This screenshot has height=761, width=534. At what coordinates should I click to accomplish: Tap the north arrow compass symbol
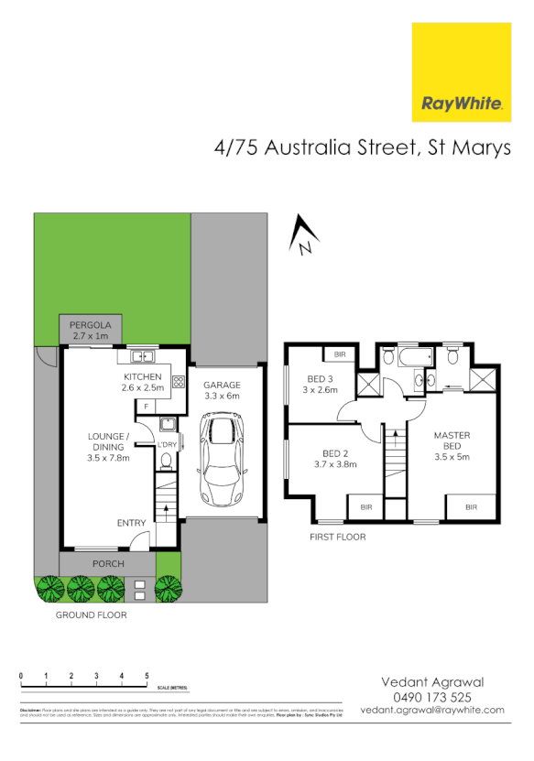pyautogui.click(x=302, y=236)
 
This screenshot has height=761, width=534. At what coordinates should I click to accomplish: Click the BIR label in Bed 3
pyautogui.click(x=340, y=354)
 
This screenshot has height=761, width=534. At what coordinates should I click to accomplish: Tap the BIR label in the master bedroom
pyautogui.click(x=471, y=506)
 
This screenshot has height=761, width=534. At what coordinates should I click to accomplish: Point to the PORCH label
pyautogui.click(x=108, y=563)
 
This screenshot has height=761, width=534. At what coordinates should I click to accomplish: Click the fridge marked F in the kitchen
pyautogui.click(x=147, y=404)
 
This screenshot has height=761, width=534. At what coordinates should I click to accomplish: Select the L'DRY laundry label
pyautogui.click(x=167, y=445)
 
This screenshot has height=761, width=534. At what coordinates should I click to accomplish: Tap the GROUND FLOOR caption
pyautogui.click(x=92, y=615)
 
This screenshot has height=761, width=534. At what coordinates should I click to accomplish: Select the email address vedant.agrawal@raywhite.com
pyautogui.click(x=432, y=711)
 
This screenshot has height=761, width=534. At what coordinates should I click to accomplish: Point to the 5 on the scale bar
pyautogui.click(x=147, y=676)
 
